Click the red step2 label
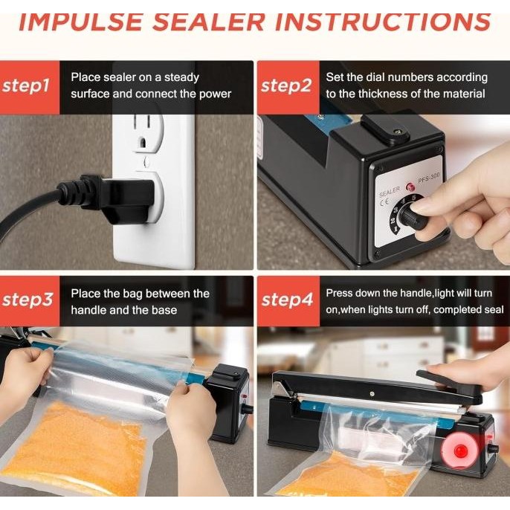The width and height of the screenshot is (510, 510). pyautogui.click(x=286, y=85)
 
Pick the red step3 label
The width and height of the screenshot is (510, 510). pyautogui.click(x=28, y=300)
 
